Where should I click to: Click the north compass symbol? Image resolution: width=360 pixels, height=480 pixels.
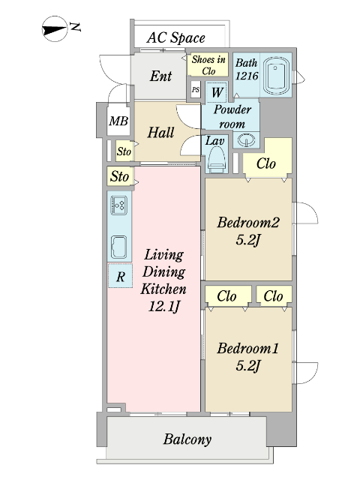pyautogui.click(x=55, y=29)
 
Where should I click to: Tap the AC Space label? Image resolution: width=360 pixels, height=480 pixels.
pyautogui.click(x=175, y=38)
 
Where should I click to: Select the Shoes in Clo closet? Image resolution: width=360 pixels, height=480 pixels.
pyautogui.click(x=208, y=65)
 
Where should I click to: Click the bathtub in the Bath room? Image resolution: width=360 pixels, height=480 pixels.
pyautogui.click(x=275, y=76)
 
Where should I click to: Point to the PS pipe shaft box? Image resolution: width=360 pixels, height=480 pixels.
pyautogui.click(x=196, y=90)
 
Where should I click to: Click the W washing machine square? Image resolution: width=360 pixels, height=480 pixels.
pyautogui.click(x=217, y=91)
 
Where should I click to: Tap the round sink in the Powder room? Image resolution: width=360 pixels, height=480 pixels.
pyautogui.click(x=246, y=140)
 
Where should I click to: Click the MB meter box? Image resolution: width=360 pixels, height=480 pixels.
pyautogui.click(x=118, y=121)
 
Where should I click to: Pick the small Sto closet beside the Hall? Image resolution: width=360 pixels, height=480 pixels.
pyautogui.click(x=124, y=151)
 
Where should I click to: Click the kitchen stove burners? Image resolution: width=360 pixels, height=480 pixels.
pyautogui.click(x=118, y=205)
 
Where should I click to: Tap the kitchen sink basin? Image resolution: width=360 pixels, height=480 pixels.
pyautogui.click(x=118, y=247)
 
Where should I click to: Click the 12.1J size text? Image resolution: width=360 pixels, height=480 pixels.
pyautogui.click(x=163, y=307)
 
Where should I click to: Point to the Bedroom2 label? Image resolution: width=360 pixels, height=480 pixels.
pyautogui.click(x=248, y=222)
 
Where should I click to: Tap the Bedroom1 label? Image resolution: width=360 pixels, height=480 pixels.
pyautogui.click(x=248, y=348)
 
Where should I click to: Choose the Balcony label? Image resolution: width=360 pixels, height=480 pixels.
pyautogui.click(x=187, y=439)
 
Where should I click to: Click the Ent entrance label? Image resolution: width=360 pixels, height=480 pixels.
pyautogui.click(x=160, y=76)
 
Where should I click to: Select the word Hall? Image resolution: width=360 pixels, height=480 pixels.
pyautogui.click(x=160, y=133)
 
